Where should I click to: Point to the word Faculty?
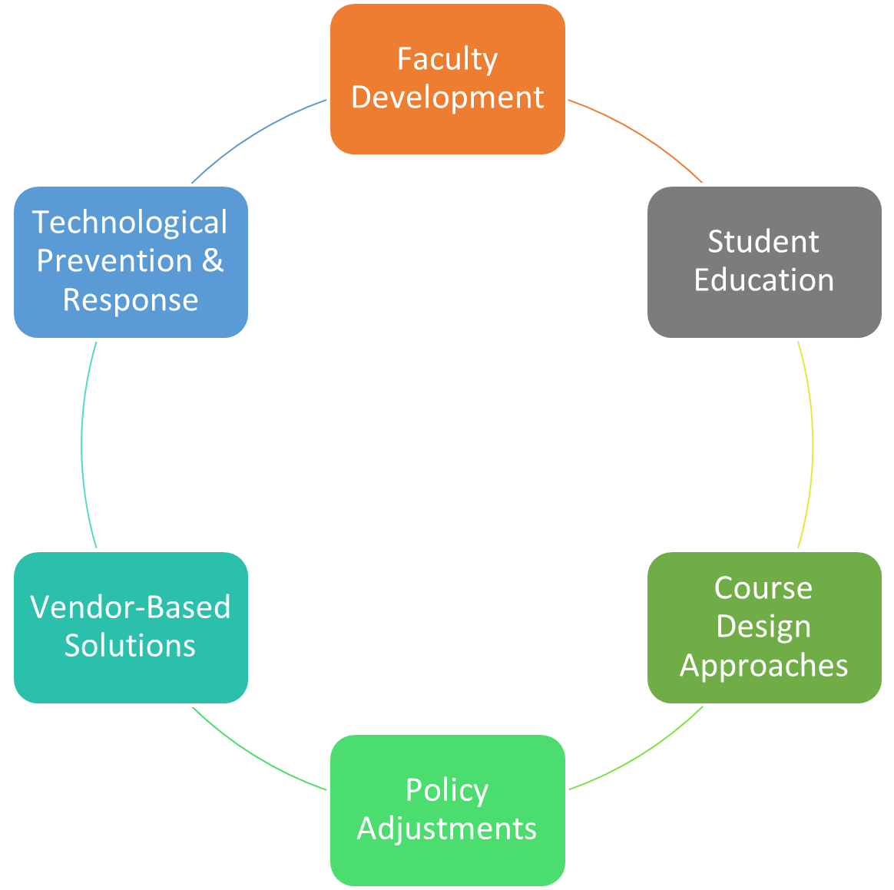tap(448, 59)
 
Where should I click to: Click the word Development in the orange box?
tap(448, 98)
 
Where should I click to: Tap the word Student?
tap(763, 242)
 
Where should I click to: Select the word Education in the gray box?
tap(764, 280)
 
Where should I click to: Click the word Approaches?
tap(764, 666)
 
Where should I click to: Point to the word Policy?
tap(447, 790)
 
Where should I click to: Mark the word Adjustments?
tap(447, 829)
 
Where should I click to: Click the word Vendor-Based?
tap(131, 607)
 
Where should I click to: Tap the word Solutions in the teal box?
tap(130, 646)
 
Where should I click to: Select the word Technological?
tap(130, 223)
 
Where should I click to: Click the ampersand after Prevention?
tap(213, 261)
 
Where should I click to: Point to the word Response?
tap(131, 299)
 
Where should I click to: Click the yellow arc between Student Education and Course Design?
tap(813, 445)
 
